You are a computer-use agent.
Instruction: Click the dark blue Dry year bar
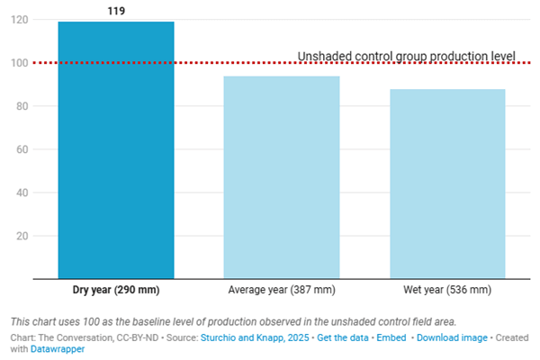coord(116,150)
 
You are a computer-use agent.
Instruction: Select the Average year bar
coord(282,177)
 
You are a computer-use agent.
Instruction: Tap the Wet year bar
coord(447,184)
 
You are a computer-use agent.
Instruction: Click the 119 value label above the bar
coord(116,11)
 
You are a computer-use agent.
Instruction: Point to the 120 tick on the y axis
coord(19,20)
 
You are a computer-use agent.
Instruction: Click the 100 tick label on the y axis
coord(19,63)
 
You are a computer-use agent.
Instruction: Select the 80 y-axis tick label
coord(22,106)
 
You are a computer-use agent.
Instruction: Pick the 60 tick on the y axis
coord(22,149)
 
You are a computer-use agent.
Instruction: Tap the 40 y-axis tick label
coord(22,193)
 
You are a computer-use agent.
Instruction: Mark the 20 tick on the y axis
coord(22,236)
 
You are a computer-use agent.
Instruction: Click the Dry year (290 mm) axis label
coord(116,290)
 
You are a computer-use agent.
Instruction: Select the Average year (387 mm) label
coord(282,290)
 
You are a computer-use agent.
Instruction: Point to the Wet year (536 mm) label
coord(447,290)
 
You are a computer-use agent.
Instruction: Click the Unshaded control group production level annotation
coord(407,56)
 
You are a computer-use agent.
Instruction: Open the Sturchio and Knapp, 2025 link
coord(255,337)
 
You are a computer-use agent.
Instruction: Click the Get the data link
coord(343,337)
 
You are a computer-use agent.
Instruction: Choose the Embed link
coord(391,337)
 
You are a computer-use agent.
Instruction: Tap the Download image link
coord(452,337)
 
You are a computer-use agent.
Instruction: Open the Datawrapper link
coord(58,349)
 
